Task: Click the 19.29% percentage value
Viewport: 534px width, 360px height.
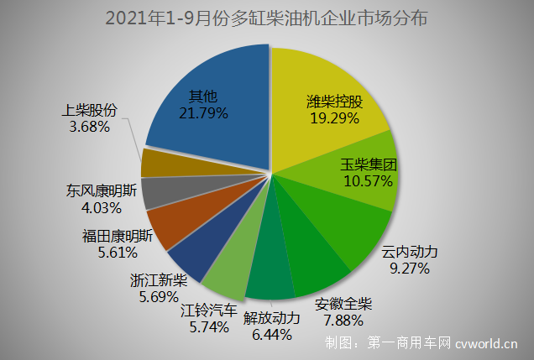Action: pyautogui.click(x=333, y=119)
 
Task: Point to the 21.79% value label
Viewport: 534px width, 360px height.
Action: pyautogui.click(x=202, y=111)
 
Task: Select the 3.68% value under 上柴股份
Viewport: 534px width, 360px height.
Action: pyautogui.click(x=87, y=127)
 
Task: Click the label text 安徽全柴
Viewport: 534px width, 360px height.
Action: pyautogui.click(x=345, y=303)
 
